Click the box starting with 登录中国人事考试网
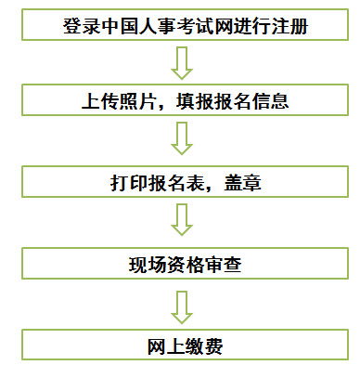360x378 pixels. (182, 25)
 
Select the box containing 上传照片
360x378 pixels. (182, 102)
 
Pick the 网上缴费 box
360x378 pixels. (182, 345)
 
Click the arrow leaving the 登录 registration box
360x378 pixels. (182, 63)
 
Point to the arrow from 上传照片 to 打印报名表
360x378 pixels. (182, 141)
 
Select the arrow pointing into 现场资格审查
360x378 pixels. (182, 222)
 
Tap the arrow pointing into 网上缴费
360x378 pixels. (182, 304)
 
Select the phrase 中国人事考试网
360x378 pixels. (161, 26)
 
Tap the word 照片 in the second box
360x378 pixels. (131, 102)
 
